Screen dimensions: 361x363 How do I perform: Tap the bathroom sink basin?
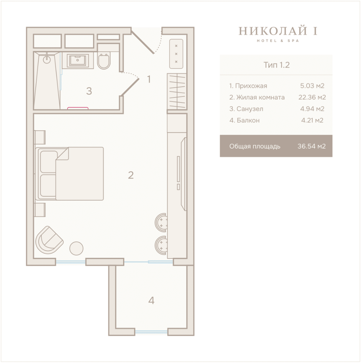tap(78, 61)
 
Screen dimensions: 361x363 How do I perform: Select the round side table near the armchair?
tap(76, 248)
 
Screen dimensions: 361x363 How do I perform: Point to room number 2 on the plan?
tap(131, 175)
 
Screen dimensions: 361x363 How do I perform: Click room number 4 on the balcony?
tap(151, 300)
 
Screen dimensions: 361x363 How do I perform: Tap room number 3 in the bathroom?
tap(89, 91)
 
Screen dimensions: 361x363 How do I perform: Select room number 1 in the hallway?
tap(149, 79)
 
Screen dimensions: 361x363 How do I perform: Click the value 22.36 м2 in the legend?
tap(312, 97)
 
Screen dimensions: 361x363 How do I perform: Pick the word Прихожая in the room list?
tap(251, 86)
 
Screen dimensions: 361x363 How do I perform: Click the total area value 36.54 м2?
tap(312, 146)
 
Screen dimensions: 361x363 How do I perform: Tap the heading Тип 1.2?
tap(277, 65)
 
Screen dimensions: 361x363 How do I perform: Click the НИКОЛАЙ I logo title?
tap(278, 31)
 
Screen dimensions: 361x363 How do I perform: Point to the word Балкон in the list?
tap(248, 120)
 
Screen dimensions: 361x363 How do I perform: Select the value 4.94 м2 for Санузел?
tap(312, 109)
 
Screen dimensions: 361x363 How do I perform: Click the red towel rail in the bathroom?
tap(78, 108)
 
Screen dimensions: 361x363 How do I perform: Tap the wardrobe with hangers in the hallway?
tap(177, 91)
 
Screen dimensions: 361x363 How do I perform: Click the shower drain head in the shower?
tap(47, 59)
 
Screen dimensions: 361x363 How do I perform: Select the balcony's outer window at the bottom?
tap(151, 332)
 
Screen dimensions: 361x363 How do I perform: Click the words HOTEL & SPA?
tap(278, 41)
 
